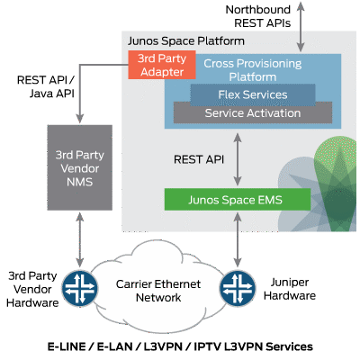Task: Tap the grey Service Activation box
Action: pyautogui.click(x=239, y=113)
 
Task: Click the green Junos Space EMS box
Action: pyautogui.click(x=236, y=200)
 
